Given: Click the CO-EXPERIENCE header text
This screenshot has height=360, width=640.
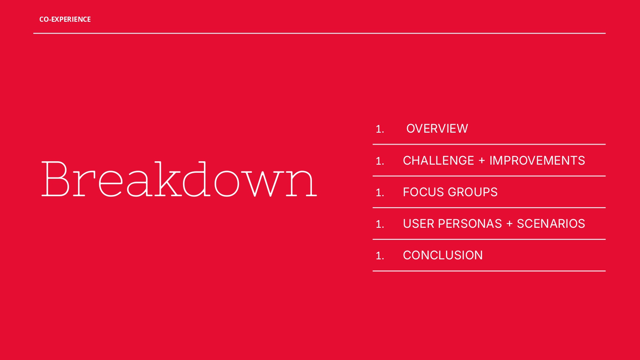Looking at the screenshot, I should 65,19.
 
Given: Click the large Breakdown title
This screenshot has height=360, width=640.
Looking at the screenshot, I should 179,179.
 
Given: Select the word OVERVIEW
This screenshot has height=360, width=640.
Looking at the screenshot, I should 437,128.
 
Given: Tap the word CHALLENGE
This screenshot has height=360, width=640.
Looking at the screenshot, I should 438,160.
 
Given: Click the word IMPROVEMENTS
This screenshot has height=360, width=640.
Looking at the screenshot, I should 537,160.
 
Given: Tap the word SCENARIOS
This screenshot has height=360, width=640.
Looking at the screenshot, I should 550,224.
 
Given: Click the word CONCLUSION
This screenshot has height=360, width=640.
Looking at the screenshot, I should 442,255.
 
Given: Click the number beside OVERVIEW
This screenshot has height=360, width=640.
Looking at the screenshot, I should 380,129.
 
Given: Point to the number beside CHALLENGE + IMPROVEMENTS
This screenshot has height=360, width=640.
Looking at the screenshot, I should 380,161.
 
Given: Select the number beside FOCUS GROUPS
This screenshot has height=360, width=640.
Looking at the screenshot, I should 380,193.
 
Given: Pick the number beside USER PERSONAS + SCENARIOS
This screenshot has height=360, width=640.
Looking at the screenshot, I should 380,224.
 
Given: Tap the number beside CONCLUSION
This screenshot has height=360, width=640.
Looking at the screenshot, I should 380,256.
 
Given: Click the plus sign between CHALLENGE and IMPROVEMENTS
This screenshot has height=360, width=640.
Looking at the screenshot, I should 482,161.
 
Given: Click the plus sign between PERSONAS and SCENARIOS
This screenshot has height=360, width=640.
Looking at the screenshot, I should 509,224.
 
